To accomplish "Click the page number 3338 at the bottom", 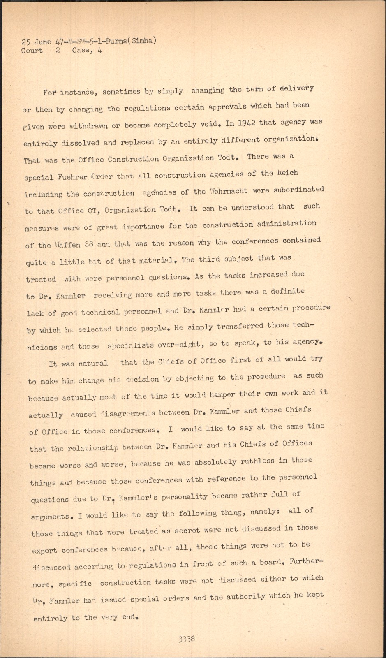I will tap(187, 639).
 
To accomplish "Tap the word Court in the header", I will tap(32, 51).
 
